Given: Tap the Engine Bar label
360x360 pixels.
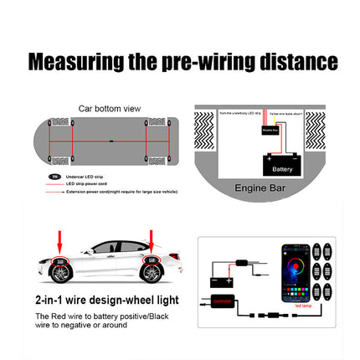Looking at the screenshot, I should [260, 188].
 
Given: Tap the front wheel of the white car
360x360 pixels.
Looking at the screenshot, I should [60, 270].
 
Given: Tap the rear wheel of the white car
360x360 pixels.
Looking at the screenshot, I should [152, 270].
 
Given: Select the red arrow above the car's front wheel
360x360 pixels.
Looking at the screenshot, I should [59, 239].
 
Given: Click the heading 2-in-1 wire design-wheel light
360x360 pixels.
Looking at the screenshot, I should [105, 299].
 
